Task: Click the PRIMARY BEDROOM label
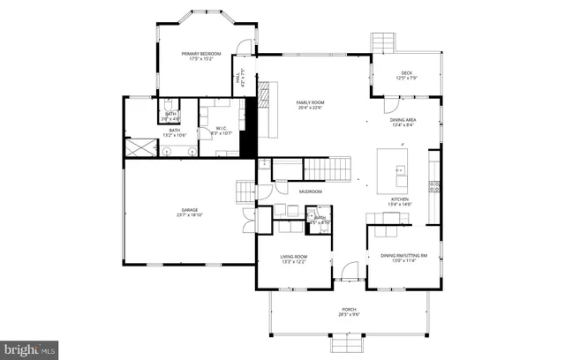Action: point(202,54)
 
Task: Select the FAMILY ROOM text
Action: point(312,102)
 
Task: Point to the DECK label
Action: point(407,73)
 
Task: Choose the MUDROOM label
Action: point(310,191)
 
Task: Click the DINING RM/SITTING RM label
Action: point(403,256)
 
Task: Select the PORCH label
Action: point(350,309)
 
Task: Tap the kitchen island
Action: point(392,169)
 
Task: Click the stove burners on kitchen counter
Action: point(433,185)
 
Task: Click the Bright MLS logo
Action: point(29,349)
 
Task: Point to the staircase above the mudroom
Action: point(328,168)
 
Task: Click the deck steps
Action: point(383,42)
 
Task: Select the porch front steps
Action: point(350,341)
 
